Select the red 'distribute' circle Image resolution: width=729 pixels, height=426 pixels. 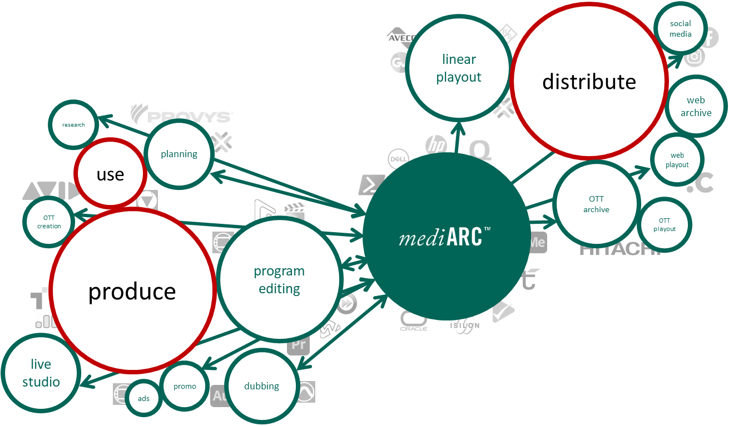(x=589, y=82)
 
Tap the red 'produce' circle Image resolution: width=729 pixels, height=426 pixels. (x=132, y=290)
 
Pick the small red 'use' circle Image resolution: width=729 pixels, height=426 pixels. (x=110, y=174)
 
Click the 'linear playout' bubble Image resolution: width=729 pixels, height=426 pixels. (x=459, y=68)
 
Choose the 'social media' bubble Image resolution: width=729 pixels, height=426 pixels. (x=680, y=29)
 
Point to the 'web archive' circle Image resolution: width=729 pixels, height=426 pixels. (x=696, y=106)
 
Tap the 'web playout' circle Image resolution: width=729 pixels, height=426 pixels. (x=677, y=160)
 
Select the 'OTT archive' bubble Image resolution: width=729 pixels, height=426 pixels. (x=596, y=204)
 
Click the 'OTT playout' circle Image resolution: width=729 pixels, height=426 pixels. (x=664, y=224)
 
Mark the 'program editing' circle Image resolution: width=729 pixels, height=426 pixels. (x=279, y=280)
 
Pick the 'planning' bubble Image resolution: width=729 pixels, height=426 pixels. (x=179, y=154)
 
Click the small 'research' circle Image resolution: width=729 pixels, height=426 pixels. (x=73, y=124)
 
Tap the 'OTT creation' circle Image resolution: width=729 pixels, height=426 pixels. (x=49, y=222)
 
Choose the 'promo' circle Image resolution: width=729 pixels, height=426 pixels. (x=185, y=386)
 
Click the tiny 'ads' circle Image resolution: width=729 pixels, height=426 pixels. (x=143, y=398)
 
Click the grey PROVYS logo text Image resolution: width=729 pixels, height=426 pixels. (x=181, y=115)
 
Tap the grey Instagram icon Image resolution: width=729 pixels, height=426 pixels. (x=694, y=57)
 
